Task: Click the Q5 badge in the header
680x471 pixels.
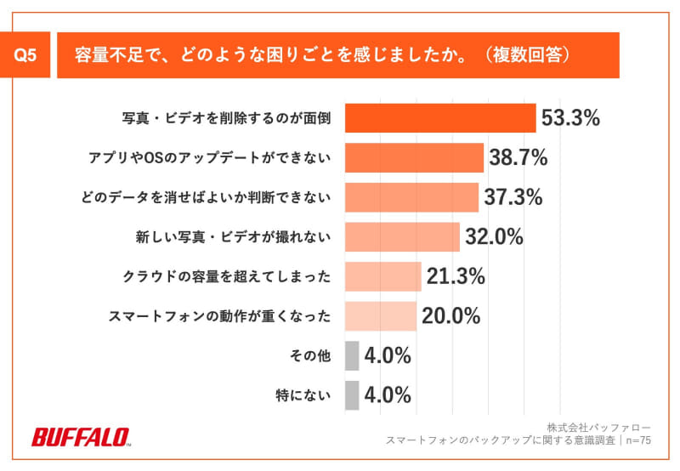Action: coord(28,55)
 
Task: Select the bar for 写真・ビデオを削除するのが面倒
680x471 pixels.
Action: coord(440,118)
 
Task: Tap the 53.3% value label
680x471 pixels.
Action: coord(571,118)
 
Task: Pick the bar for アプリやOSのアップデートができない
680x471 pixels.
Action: coord(414,158)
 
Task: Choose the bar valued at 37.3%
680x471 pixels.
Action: coord(411,197)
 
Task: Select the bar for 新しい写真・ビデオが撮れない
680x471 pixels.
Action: coord(402,237)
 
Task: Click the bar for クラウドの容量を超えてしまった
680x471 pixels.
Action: coord(382,276)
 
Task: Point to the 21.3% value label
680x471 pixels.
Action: coord(456,276)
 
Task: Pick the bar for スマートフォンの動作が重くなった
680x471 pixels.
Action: coord(381,316)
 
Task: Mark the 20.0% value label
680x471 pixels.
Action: coord(450,316)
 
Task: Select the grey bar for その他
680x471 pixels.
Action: coord(352,355)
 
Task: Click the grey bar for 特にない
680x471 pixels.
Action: coord(352,395)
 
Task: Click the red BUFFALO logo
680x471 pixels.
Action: coord(81,438)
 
